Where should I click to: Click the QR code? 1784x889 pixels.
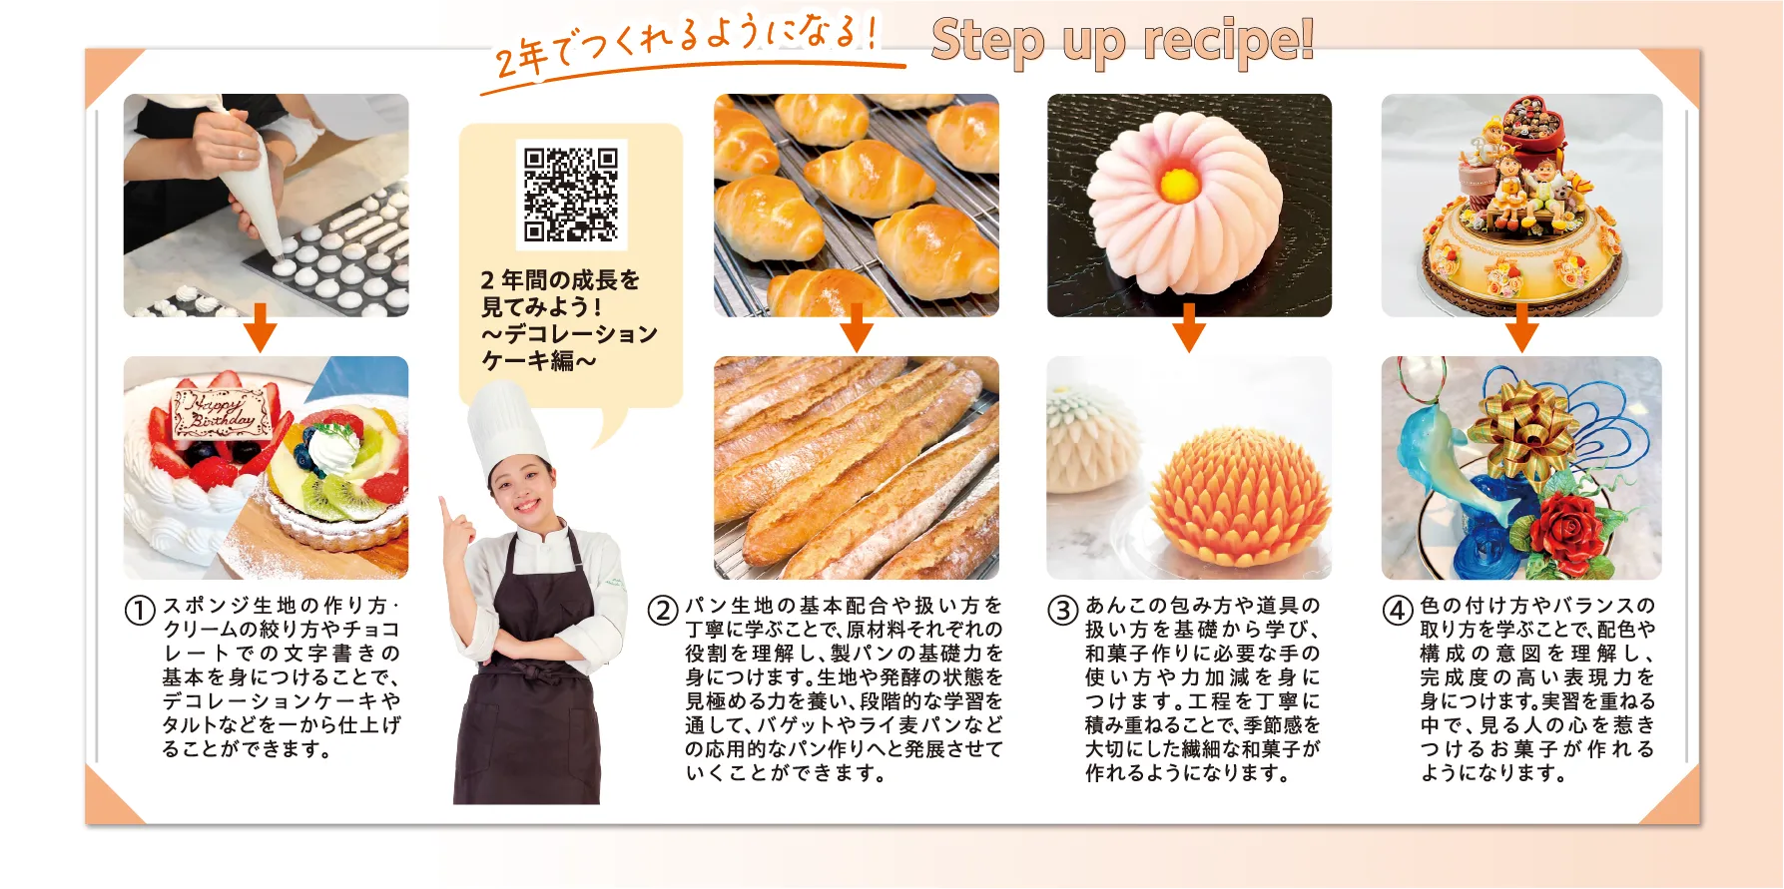coord(571,195)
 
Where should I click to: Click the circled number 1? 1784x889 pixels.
coord(140,610)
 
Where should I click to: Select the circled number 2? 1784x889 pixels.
coord(663,610)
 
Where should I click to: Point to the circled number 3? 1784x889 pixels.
coord(1063,610)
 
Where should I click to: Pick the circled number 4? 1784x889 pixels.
coord(1398,610)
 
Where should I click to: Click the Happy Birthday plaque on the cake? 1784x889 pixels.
coord(223,412)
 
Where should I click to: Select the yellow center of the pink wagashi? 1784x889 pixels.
coord(1179,184)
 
